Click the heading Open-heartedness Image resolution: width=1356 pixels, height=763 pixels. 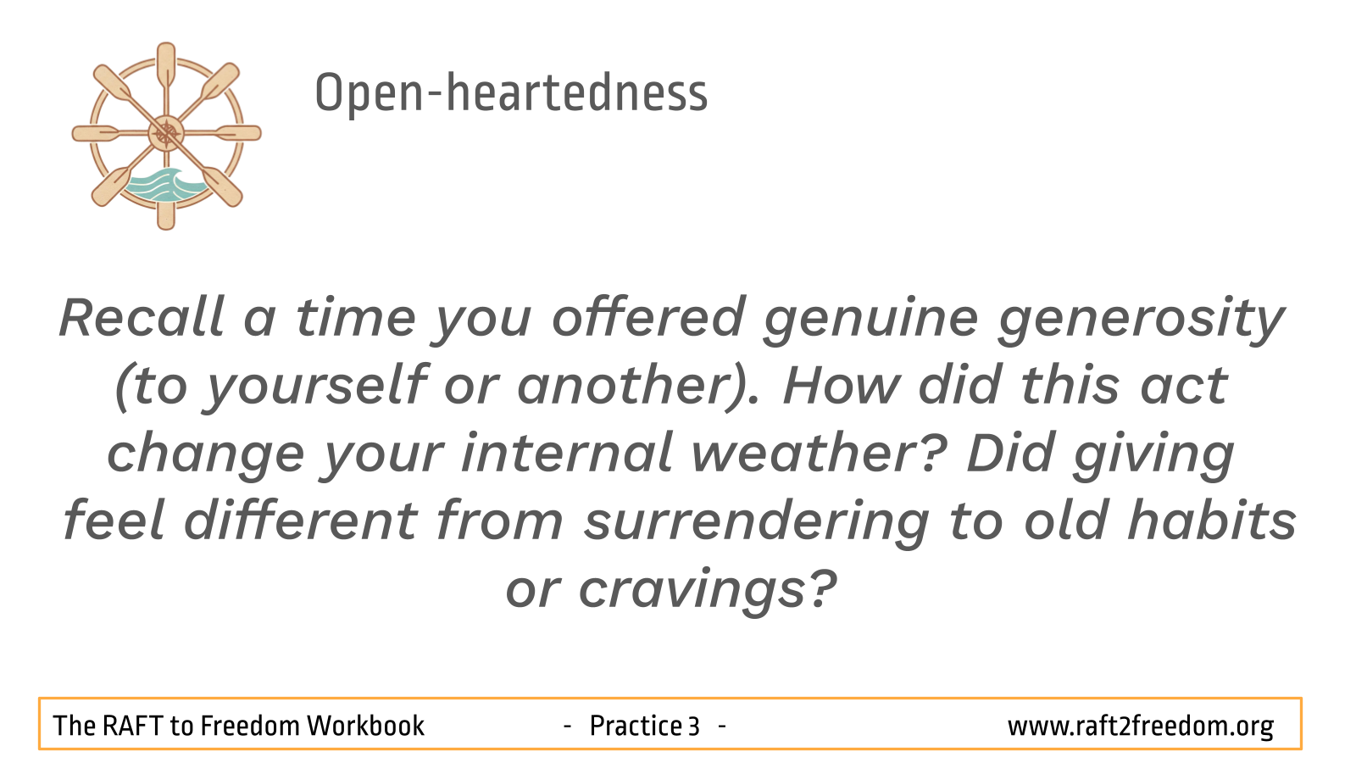click(511, 93)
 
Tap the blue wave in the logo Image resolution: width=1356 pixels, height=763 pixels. click(166, 185)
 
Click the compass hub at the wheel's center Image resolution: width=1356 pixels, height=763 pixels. click(166, 133)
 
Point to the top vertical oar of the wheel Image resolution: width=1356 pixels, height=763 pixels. click(166, 73)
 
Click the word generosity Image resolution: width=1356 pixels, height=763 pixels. click(1141, 321)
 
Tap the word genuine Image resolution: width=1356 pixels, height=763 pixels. click(870, 321)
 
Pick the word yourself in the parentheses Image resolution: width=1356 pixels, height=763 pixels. click(314, 387)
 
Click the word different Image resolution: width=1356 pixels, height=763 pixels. click(300, 521)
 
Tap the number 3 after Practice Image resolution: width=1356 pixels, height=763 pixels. click(694, 726)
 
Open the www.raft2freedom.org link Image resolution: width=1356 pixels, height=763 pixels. click(1141, 727)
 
